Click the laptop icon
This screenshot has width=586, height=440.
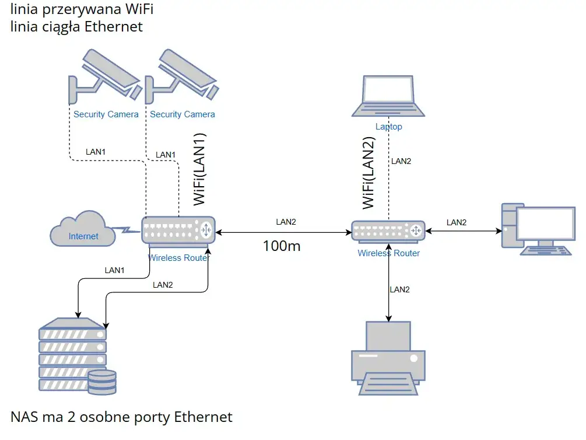point(388,96)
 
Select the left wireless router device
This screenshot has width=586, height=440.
point(178,229)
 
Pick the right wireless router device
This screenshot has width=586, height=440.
point(388,231)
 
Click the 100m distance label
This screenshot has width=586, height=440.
point(282,246)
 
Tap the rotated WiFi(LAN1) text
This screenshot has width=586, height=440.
point(199,170)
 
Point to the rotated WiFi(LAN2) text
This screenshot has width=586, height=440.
point(369,172)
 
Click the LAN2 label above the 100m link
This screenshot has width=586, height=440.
point(286,222)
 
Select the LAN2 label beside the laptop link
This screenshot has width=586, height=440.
point(401,161)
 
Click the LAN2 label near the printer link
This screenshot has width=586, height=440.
point(400,289)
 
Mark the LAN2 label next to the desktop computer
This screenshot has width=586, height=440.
point(457,222)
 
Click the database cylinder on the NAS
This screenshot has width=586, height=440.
point(101,382)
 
